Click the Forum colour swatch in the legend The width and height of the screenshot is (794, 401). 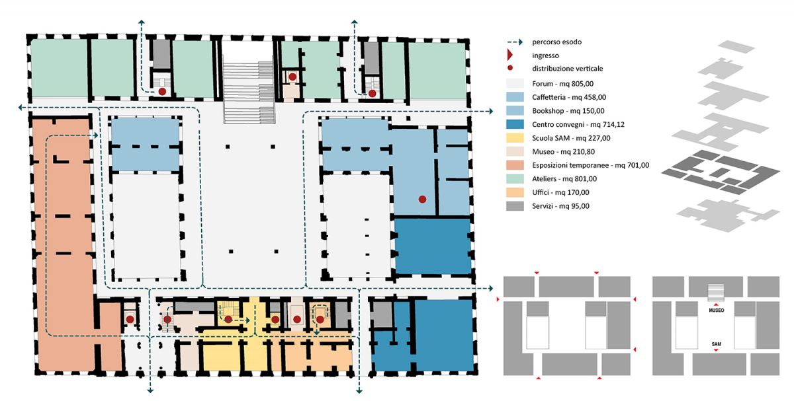(x=515, y=83)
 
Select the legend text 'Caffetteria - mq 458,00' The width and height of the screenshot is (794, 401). (x=569, y=97)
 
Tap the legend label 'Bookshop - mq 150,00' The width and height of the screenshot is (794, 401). (x=568, y=111)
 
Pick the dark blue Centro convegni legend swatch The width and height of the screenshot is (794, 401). (x=515, y=124)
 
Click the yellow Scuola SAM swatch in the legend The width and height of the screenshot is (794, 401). (x=515, y=138)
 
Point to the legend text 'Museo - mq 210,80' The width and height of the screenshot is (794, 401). (x=563, y=152)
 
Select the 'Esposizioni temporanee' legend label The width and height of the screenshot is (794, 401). (x=570, y=165)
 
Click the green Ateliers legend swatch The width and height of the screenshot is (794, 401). (x=515, y=179)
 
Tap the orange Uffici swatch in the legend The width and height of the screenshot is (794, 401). (x=515, y=192)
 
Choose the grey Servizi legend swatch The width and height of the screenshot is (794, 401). (x=515, y=206)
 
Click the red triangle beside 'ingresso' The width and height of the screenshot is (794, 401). (x=509, y=55)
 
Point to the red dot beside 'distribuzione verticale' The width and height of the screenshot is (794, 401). (x=510, y=68)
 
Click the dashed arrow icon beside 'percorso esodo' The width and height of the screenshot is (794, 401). (x=515, y=42)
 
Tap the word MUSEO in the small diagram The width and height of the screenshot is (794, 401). (x=717, y=310)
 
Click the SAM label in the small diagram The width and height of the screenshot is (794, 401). (x=717, y=344)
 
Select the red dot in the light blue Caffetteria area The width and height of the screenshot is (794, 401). (x=422, y=200)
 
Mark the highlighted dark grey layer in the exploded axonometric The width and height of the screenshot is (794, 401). (x=721, y=172)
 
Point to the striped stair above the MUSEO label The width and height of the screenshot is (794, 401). (x=716, y=293)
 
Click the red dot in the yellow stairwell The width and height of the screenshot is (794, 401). (x=228, y=319)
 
